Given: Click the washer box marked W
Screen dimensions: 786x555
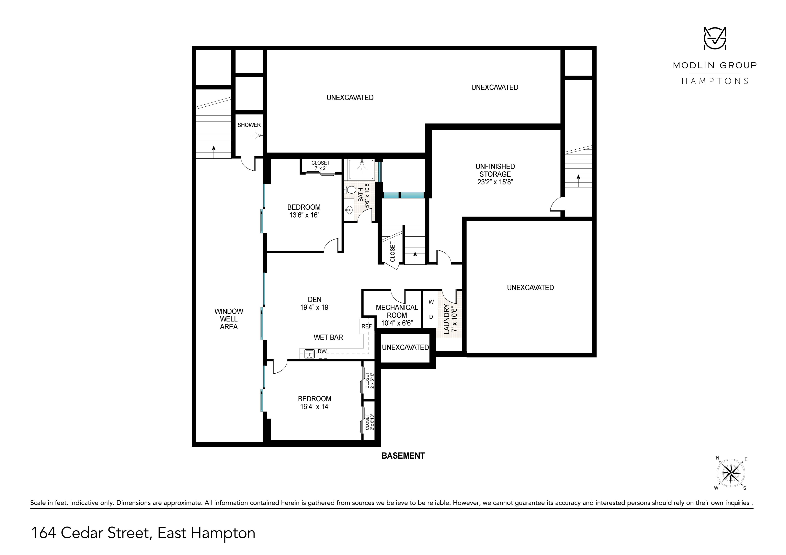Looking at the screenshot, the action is point(431,302).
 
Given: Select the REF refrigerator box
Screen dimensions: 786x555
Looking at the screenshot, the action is point(366,326).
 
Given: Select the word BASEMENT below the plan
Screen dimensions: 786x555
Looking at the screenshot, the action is point(403,455).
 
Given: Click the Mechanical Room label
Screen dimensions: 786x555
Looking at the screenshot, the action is point(397,311).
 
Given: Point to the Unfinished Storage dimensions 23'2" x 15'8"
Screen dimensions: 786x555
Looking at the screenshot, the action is point(495,182).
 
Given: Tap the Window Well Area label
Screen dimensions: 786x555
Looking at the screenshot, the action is point(229,319).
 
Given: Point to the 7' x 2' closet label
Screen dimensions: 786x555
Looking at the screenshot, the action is point(320,168).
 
